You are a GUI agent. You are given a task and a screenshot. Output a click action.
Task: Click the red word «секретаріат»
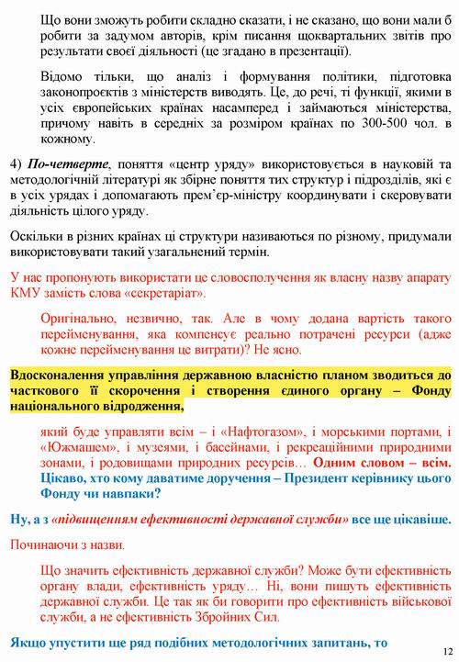pos(171,294)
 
